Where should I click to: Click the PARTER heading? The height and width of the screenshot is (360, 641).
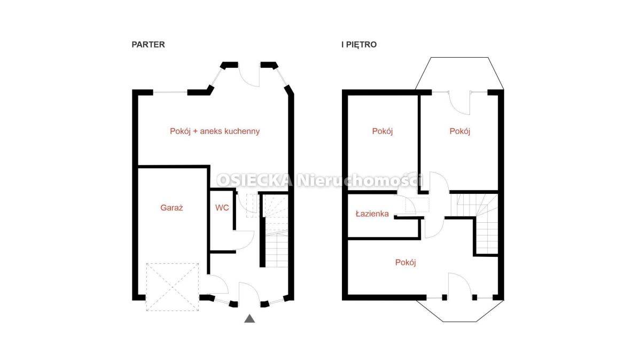tap(148, 45)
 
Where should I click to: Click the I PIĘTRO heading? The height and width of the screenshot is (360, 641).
tap(359, 45)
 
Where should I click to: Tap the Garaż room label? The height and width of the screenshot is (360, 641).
tap(171, 208)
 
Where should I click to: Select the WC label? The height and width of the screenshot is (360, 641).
tap(222, 208)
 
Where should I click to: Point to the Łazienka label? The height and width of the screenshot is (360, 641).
tap(372, 214)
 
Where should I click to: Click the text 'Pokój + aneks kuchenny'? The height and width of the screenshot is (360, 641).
tap(215, 131)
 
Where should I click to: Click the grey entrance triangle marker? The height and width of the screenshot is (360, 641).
tap(249, 318)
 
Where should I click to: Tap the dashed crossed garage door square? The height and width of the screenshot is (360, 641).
tap(172, 287)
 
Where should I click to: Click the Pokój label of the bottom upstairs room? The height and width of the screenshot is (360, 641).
tap(405, 262)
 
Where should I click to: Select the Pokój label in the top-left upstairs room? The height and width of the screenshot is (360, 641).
tap(382, 131)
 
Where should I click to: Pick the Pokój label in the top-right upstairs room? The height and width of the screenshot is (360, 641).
tap(460, 131)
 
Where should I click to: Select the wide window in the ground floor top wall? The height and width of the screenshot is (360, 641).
tap(170, 92)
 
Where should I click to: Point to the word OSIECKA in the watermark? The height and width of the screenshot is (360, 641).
tap(255, 181)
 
